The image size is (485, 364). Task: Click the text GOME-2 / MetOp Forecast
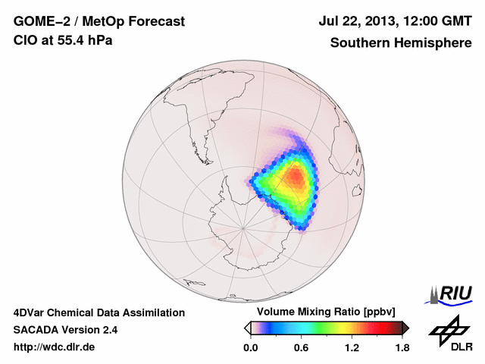pos(99,23)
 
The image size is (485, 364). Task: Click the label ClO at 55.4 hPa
pos(63,41)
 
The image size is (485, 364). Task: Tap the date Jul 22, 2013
pos(358,23)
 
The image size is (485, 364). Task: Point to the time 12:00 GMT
pos(436,23)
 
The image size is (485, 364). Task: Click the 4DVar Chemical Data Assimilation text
pos(99,312)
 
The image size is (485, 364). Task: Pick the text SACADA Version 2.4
pos(65,330)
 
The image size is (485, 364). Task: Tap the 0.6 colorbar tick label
pos(301,348)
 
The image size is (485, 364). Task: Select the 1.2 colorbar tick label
pos(352,348)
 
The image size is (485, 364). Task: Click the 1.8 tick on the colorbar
pos(402,348)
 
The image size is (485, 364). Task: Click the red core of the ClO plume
pos(296,179)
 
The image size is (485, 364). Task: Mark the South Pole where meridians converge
pos(242,225)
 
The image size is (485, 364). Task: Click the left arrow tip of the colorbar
pos(247,328)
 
